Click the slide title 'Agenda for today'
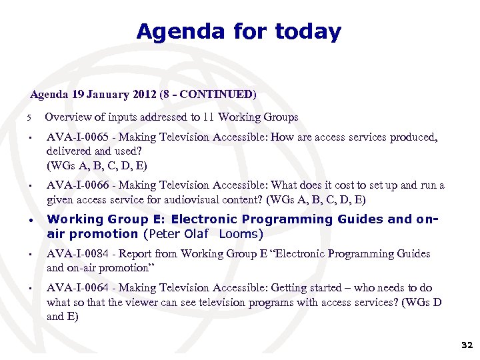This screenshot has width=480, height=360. coord(239,31)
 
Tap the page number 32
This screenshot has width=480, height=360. coord(467,345)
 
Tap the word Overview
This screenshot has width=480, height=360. coord(67,117)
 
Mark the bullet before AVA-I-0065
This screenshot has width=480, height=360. coord(31,139)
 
